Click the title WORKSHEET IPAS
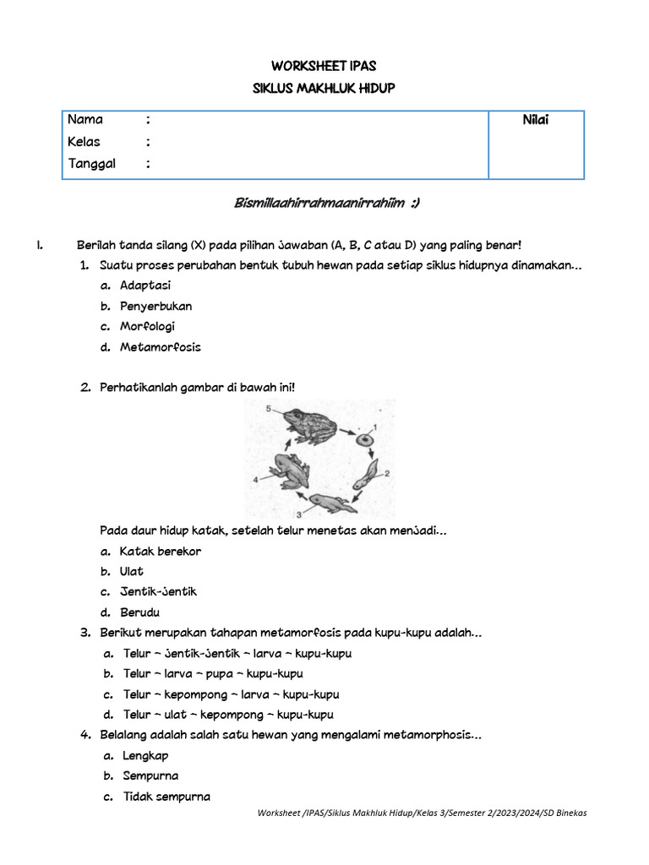coord(324,66)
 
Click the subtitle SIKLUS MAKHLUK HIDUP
coord(324,88)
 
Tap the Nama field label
coord(85,120)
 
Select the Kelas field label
coord(85,142)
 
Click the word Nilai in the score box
coord(536,121)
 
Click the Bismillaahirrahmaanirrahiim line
coord(325,204)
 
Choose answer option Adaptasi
coord(145,286)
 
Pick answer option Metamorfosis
coord(160,347)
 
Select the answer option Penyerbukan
coord(155,306)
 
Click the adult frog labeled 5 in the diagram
coord(309,426)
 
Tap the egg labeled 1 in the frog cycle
coord(364,440)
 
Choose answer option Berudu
coord(139,612)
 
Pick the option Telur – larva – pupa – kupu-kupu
coord(213,674)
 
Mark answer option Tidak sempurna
coord(166,797)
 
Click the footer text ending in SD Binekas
coord(423,813)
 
